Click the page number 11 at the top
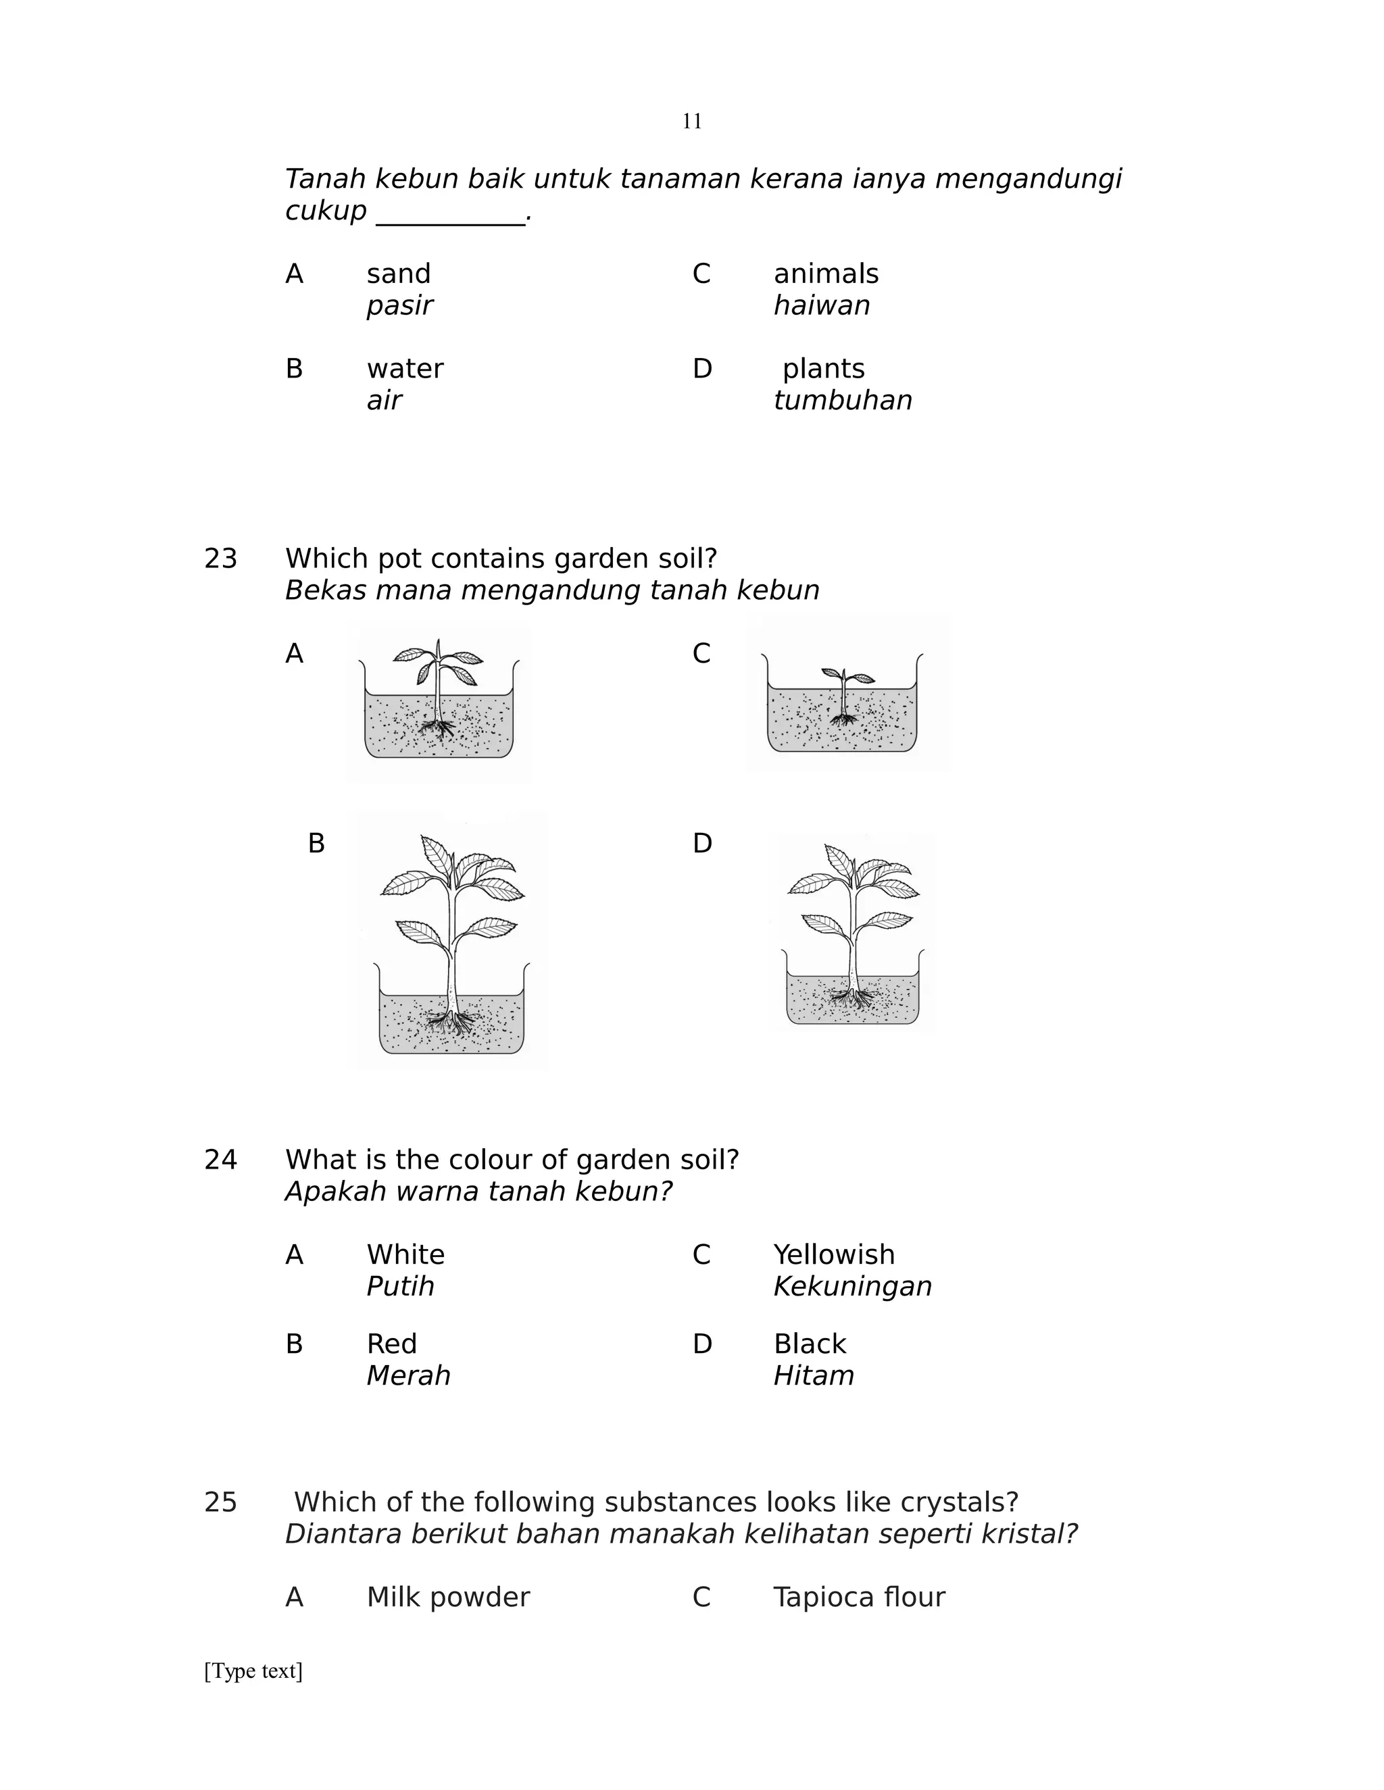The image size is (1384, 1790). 691,122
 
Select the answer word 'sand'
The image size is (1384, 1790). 399,274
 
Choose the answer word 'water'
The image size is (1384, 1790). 404,369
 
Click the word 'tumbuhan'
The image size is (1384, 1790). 842,401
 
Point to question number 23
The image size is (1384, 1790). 220,559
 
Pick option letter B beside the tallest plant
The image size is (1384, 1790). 316,844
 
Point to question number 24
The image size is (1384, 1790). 220,1160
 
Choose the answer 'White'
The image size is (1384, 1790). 405,1255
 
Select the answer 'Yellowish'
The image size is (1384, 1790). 834,1255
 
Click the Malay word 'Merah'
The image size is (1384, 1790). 408,1375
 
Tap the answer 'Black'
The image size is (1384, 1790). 809,1344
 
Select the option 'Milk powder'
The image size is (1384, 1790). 447,1597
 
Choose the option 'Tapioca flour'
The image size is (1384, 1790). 858,1597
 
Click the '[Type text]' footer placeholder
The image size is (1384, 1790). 253,1670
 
